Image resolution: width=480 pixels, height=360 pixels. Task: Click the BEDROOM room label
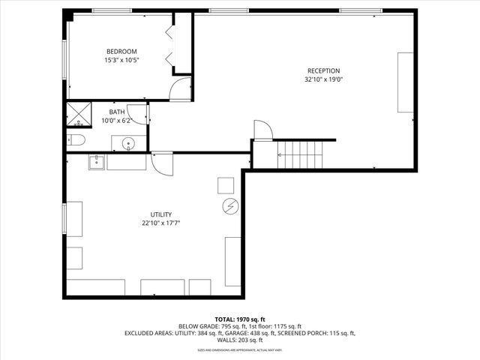(x=121, y=51)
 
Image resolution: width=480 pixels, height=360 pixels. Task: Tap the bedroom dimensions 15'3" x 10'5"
(x=121, y=60)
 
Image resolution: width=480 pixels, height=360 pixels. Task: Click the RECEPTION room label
(x=322, y=70)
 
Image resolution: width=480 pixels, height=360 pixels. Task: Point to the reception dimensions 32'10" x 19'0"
(x=322, y=79)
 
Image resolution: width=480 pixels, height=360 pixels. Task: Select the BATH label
(x=117, y=112)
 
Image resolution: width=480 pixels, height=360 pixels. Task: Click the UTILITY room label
(x=161, y=214)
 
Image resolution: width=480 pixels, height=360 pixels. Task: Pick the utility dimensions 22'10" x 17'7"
(x=161, y=223)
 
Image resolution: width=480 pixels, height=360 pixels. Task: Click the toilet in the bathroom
(x=76, y=140)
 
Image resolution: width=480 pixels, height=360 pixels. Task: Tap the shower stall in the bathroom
(x=77, y=114)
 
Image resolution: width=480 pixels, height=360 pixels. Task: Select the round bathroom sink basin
(x=129, y=143)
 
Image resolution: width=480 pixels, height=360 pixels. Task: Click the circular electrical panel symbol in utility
(x=230, y=206)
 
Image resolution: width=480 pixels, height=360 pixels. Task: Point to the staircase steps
(x=300, y=154)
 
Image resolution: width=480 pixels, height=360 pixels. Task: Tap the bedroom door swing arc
(x=181, y=89)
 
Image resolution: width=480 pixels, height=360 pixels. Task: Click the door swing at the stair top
(x=262, y=130)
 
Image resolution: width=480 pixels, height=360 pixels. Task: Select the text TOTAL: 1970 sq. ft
(x=240, y=319)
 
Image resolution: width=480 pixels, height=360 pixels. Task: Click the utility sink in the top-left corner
(x=96, y=161)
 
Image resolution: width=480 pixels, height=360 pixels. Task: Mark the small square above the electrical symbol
(x=226, y=184)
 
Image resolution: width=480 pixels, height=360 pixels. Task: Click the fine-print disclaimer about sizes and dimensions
(x=240, y=349)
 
